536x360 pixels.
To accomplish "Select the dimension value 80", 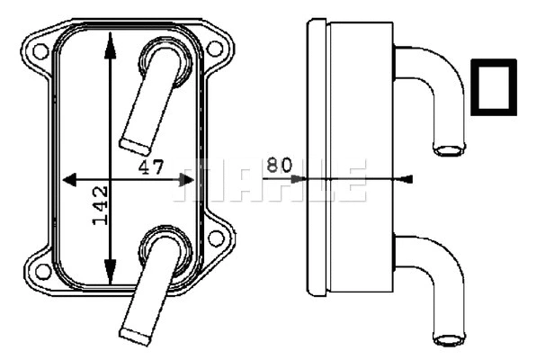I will tap(280, 165).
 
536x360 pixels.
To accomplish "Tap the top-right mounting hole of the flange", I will tap(215, 49).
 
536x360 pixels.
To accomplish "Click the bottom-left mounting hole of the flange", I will tap(40, 271).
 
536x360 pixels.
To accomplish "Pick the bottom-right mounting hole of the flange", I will tap(215, 238).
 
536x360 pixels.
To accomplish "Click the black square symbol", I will tap(494, 87).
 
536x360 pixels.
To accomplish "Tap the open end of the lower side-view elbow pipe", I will tap(448, 339).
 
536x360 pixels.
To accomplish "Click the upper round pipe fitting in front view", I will tap(163, 65).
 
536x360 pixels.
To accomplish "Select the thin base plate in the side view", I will tap(316, 157).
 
